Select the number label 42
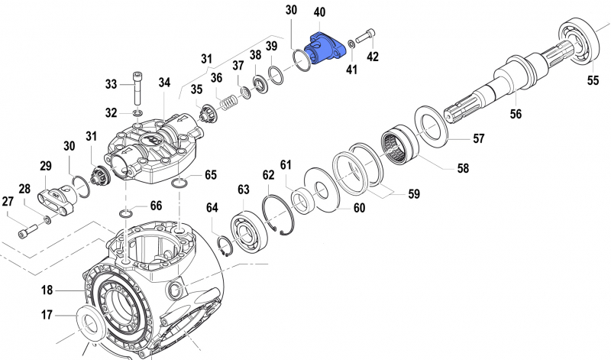pos(373,57)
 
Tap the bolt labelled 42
pos(365,36)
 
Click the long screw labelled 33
pos(137,88)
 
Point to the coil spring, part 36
pos(228,103)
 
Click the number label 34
pos(164,83)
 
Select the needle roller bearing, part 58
pos(399,144)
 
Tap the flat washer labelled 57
pos(431,126)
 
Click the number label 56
pos(516,114)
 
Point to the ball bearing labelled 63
pos(249,232)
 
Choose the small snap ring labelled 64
pos(225,247)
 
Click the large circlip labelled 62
pos(278,216)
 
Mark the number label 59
pos(414,194)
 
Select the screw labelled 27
pos(27,231)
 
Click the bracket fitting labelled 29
pos(56,199)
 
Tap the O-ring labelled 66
pos(125,213)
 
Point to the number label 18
pos(47,290)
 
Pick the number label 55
pos(593,80)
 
